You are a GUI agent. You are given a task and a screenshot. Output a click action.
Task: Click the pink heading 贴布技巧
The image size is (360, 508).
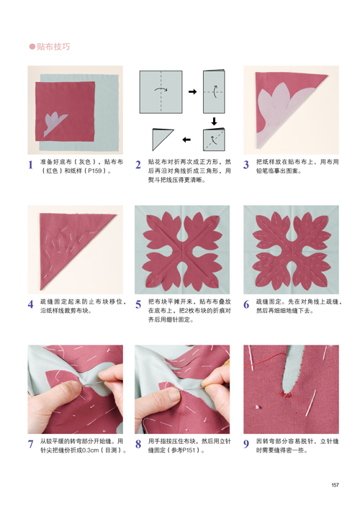click(53, 47)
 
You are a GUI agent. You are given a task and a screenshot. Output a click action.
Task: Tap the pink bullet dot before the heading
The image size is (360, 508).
click(32, 47)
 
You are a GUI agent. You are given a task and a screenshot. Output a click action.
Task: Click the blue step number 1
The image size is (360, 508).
click(30, 165)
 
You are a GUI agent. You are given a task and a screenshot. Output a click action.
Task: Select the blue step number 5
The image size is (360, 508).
click(138, 304)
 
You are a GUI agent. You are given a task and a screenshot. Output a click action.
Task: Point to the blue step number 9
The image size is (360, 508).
click(246, 444)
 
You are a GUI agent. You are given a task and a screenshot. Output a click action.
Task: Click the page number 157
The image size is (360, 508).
click(335, 485)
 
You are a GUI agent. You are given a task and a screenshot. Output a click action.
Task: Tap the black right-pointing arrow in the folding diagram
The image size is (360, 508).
click(193, 91)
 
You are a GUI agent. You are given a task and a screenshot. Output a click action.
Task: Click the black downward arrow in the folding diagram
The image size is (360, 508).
click(214, 122)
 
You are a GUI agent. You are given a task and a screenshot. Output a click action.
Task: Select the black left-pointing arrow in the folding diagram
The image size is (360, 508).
click(186, 140)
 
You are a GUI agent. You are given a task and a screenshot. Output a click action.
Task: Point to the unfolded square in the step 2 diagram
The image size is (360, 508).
click(161, 92)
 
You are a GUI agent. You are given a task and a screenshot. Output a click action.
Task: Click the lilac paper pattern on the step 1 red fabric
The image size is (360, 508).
click(55, 124)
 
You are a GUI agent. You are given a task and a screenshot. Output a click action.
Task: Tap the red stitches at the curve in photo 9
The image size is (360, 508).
click(286, 394)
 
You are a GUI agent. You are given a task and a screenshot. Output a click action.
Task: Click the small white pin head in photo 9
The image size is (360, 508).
click(258, 407)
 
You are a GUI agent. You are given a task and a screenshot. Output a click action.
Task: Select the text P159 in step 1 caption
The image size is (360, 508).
click(95, 171)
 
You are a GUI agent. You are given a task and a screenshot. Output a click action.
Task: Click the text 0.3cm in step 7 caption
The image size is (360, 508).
click(89, 450)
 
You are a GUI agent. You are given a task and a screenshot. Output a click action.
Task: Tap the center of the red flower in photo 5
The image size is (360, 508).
click(182, 250)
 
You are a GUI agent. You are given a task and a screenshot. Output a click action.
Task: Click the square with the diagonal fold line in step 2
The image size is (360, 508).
click(214, 140)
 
